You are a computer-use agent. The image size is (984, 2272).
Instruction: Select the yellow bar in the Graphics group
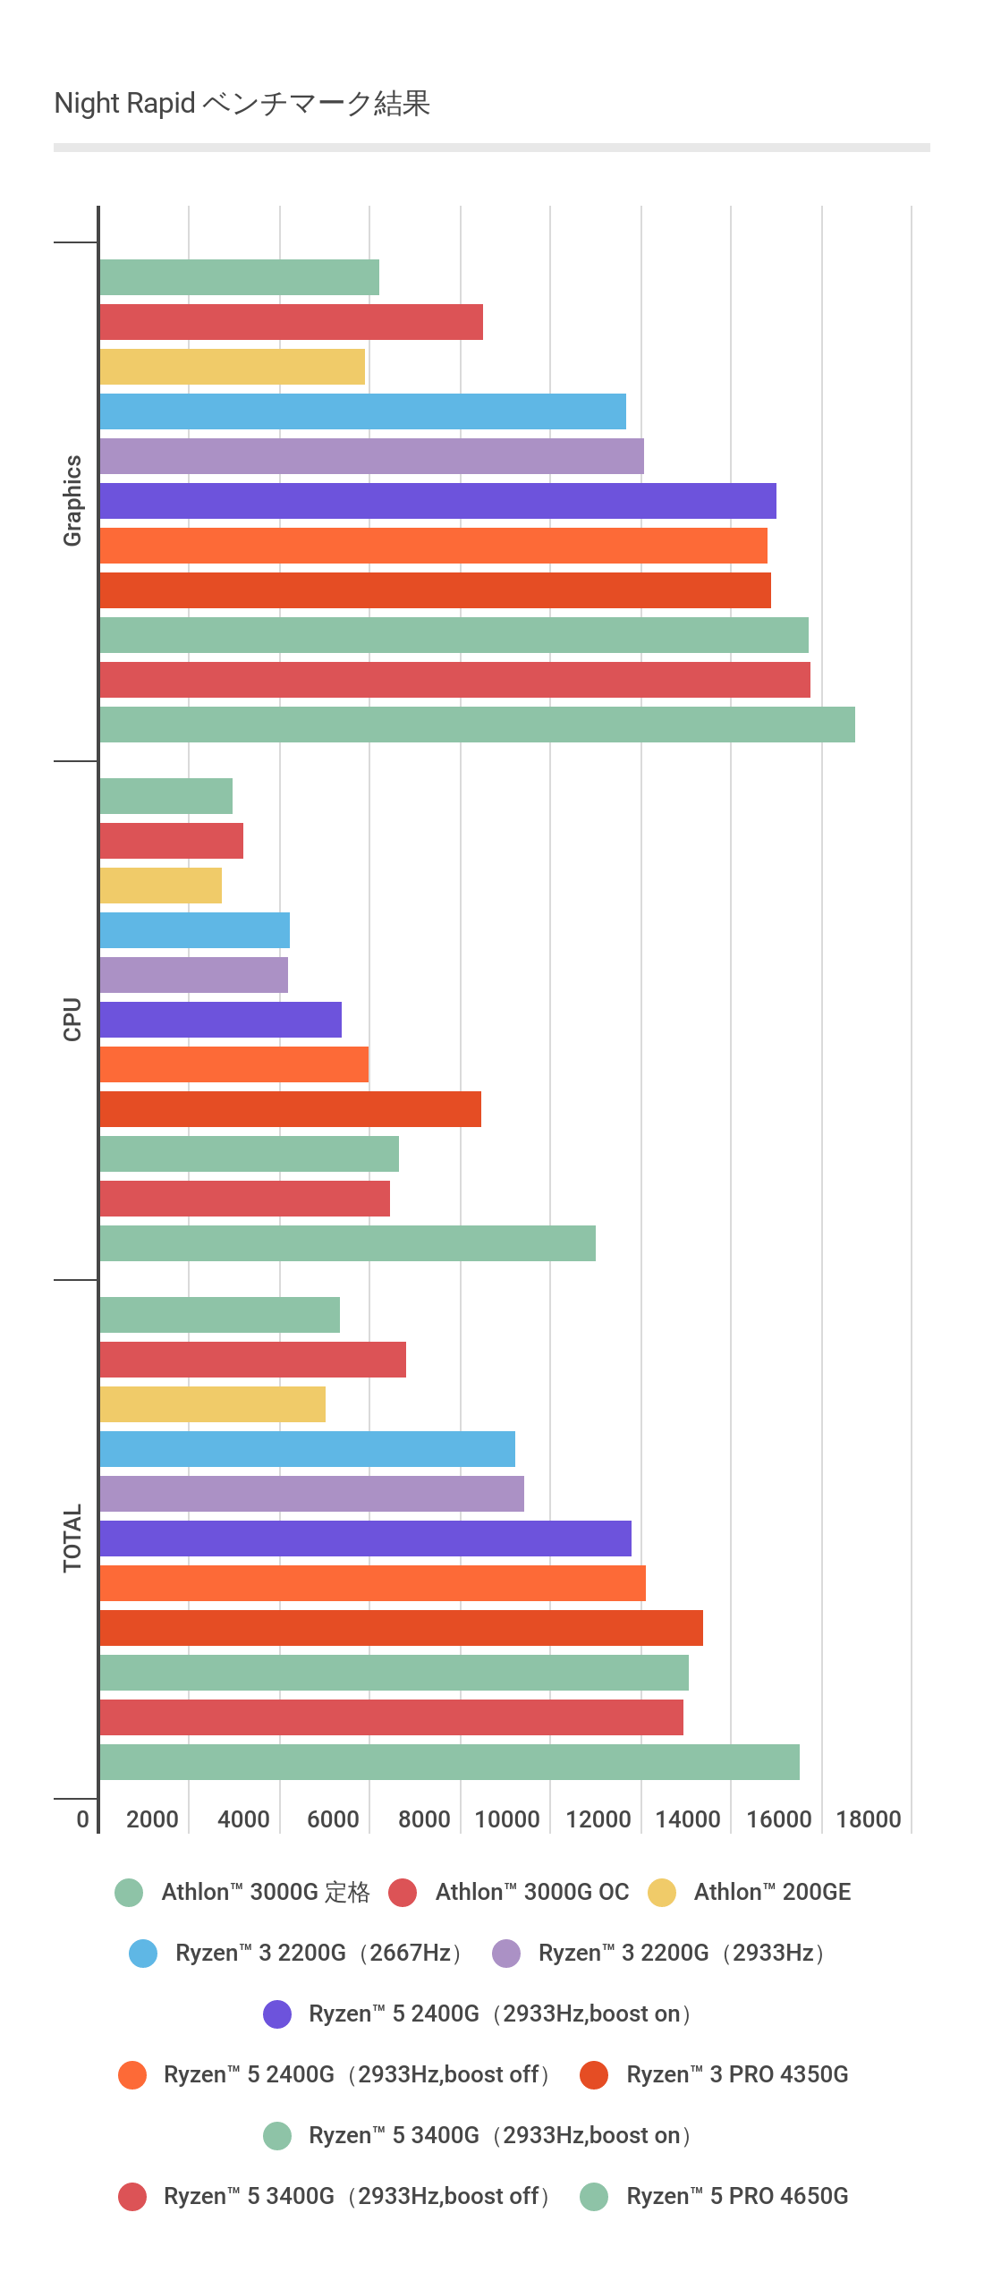point(233,367)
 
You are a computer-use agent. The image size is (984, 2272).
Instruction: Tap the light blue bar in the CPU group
point(195,930)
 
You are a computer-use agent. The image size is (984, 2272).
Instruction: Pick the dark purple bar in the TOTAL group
point(365,1539)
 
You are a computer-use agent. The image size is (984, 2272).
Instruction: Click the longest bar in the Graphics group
point(477,725)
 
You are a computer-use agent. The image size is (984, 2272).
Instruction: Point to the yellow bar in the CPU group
point(161,886)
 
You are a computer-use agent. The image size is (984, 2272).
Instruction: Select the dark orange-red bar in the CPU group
point(291,1109)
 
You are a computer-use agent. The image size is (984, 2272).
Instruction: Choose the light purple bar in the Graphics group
point(371,456)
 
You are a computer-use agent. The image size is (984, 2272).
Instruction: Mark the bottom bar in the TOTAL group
point(449,1762)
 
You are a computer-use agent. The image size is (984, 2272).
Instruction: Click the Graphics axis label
point(72,501)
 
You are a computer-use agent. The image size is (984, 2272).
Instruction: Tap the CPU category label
point(72,1020)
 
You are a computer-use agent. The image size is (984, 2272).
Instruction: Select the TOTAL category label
point(72,1539)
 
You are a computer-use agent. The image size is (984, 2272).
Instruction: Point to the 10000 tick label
point(507,1819)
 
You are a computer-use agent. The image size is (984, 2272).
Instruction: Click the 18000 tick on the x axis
point(869,1819)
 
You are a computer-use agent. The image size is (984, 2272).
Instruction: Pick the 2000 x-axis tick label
point(153,1819)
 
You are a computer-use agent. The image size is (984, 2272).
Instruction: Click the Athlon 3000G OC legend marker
point(403,1893)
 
